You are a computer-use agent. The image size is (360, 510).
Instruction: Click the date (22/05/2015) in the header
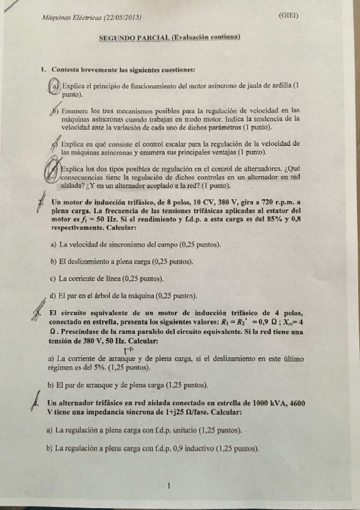point(120,18)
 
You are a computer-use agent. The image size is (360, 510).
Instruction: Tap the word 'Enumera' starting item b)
point(75,111)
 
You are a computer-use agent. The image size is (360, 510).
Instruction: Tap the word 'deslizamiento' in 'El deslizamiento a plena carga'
point(94,262)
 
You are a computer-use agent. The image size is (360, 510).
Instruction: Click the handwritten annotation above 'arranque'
point(128,350)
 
